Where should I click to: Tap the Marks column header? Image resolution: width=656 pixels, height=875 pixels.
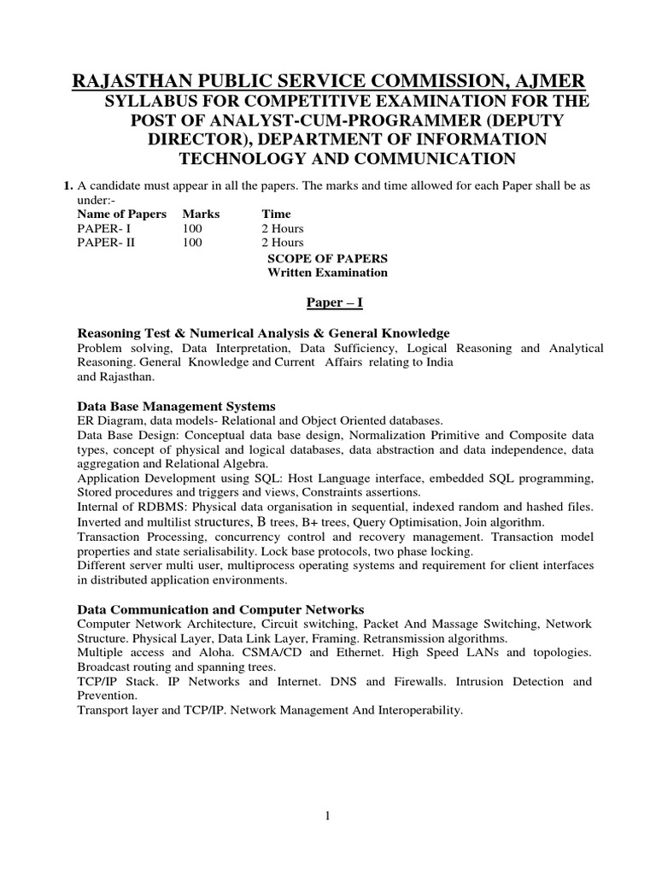click(x=201, y=214)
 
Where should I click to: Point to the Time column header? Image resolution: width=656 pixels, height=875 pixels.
click(x=276, y=214)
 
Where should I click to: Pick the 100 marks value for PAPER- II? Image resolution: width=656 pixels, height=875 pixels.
click(x=191, y=243)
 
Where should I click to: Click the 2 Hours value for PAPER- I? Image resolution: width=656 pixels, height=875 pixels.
click(x=282, y=228)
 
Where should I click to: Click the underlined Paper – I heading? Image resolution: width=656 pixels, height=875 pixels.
click(x=327, y=302)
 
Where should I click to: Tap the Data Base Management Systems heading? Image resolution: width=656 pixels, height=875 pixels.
click(x=176, y=406)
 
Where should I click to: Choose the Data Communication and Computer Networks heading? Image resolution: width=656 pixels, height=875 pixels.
click(x=220, y=609)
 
